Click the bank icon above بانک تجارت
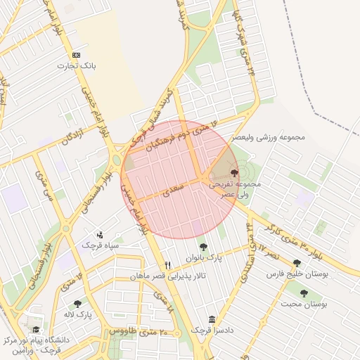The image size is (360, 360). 77,55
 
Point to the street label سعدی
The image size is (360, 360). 172,188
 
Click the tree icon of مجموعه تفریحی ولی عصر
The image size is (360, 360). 233,172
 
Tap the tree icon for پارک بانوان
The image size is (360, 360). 203,247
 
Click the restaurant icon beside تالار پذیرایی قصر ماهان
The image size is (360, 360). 167,265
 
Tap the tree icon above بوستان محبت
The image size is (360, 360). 304,293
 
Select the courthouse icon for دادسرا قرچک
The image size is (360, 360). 212,319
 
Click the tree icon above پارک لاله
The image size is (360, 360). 78,304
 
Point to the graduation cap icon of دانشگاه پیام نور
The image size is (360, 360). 34,329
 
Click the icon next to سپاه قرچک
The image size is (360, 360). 100,235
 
